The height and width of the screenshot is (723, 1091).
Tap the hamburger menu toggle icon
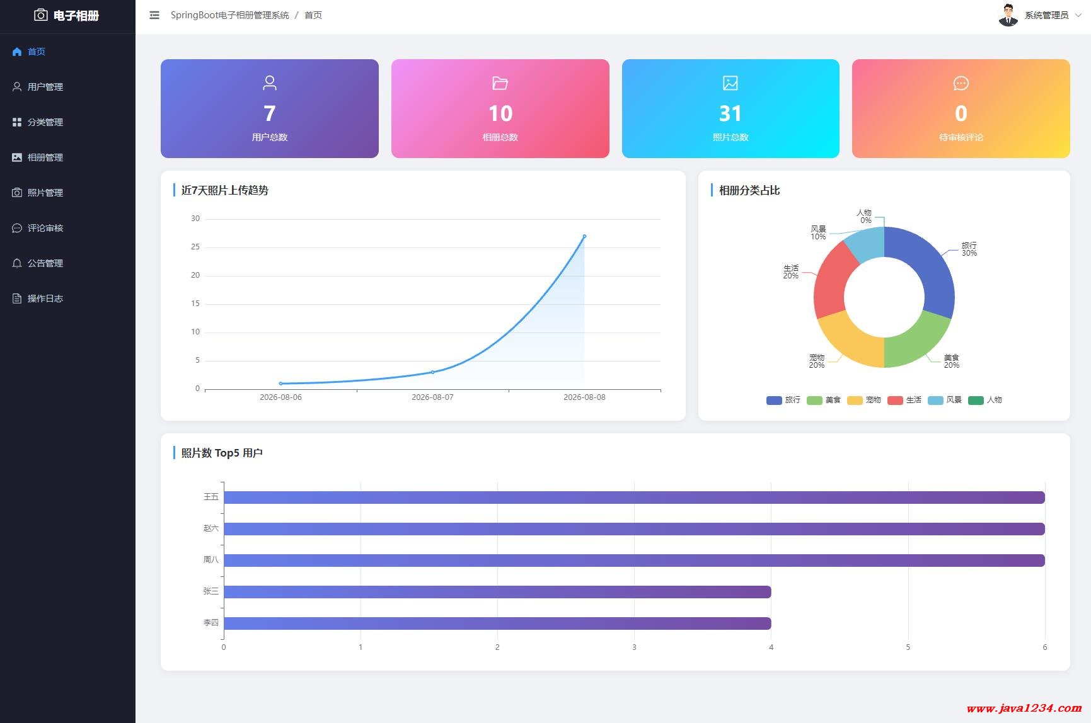[154, 15]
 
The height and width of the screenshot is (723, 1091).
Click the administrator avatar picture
[1008, 15]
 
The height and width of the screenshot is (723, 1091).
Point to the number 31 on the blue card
[730, 113]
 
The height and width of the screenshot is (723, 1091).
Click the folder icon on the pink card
[500, 83]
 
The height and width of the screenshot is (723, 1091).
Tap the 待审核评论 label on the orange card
[961, 137]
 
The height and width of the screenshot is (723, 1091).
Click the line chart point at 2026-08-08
[584, 236]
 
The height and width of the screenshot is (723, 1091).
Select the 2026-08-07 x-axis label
[432, 397]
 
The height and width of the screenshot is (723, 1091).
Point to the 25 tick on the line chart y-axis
[195, 247]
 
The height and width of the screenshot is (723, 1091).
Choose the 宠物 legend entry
[864, 400]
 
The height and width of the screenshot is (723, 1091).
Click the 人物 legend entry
[985, 400]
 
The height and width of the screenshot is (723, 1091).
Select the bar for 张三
[497, 592]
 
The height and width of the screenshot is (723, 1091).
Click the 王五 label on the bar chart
[211, 497]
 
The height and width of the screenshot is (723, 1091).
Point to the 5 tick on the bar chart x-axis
[908, 647]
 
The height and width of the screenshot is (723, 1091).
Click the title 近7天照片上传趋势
[225, 190]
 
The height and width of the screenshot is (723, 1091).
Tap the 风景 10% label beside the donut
[818, 233]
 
